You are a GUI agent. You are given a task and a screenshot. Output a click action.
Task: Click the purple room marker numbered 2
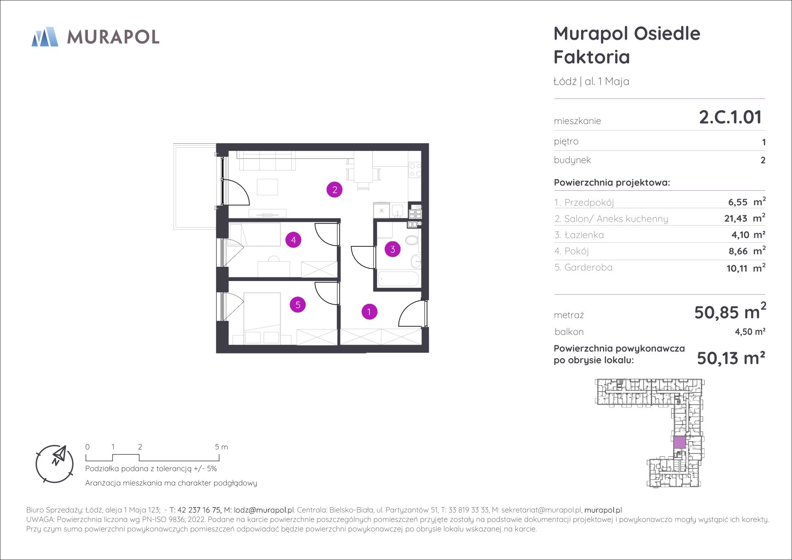(x=334, y=190)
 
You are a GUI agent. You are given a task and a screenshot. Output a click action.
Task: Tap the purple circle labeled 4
(x=293, y=240)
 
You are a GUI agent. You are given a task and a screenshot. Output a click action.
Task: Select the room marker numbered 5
(x=298, y=305)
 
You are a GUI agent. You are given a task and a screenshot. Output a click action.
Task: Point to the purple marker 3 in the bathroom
(x=393, y=249)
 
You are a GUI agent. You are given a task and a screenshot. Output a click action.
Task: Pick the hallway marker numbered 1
(x=369, y=312)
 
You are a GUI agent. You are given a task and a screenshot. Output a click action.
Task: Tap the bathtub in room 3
(x=398, y=279)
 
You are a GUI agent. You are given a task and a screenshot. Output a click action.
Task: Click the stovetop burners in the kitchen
(x=415, y=170)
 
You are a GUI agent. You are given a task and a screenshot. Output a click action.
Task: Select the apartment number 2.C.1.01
(x=730, y=117)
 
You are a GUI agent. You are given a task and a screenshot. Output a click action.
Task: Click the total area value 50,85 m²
(x=730, y=312)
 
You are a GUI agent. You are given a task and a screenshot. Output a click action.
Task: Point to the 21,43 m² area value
(x=745, y=218)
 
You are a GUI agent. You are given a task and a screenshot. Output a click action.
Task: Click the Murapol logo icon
(x=45, y=37)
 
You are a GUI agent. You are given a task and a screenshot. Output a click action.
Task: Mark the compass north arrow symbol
(x=59, y=455)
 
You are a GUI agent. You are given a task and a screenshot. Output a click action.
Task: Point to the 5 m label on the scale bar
(x=221, y=447)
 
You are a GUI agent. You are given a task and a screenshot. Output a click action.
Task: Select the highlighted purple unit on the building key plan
(x=679, y=442)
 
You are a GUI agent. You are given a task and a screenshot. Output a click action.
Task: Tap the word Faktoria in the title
(x=592, y=57)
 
